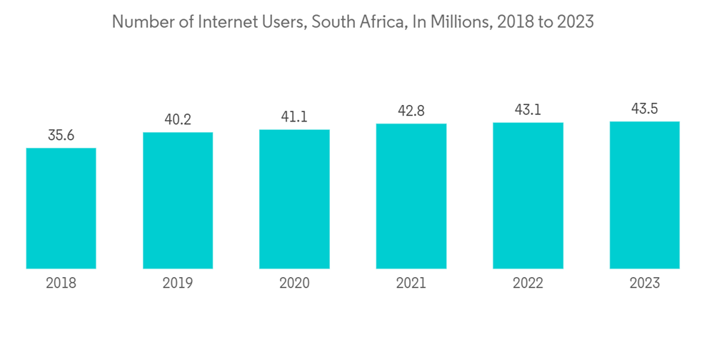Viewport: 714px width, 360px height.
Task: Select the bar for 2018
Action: (61, 208)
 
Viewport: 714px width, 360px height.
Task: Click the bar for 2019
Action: (178, 200)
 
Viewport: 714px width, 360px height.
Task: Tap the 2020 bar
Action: (294, 199)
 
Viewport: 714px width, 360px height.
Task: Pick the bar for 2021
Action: (411, 196)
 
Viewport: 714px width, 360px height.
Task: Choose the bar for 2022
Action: (528, 195)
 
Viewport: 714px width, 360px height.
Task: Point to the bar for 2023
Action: (645, 194)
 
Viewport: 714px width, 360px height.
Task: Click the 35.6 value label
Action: (61, 134)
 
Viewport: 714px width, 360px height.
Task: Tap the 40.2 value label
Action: (178, 119)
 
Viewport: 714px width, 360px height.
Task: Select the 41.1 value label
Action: (294, 116)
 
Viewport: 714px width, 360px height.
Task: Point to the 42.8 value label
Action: (411, 111)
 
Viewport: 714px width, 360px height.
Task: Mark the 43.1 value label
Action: (528, 110)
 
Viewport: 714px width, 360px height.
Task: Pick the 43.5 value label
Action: (645, 109)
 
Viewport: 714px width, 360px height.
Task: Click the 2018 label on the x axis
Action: (61, 283)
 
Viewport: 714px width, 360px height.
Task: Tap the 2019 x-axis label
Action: (178, 283)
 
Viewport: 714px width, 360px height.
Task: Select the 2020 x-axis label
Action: (294, 283)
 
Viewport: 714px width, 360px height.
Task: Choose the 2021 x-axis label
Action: (411, 283)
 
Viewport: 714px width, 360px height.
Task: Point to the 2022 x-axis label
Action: (528, 283)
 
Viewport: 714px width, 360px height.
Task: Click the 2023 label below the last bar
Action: (645, 283)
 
